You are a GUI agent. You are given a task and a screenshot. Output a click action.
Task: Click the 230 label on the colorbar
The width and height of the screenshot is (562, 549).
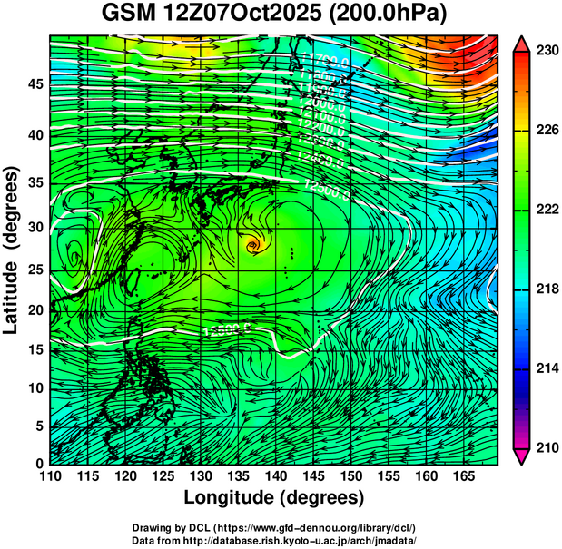[x=547, y=51]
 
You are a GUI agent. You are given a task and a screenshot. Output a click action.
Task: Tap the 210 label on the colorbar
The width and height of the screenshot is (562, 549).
[x=547, y=446]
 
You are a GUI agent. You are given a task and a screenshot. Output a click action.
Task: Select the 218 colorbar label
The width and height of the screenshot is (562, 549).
[x=547, y=289]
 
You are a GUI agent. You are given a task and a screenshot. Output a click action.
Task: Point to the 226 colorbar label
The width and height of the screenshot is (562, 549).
[x=547, y=130]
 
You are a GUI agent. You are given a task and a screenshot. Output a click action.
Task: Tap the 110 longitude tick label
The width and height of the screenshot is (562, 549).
[x=50, y=476]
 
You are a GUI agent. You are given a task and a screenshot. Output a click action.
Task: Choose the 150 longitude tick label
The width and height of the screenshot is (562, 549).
[x=350, y=476]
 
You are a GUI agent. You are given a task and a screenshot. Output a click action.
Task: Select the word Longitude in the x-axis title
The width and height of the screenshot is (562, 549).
[x=232, y=498]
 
